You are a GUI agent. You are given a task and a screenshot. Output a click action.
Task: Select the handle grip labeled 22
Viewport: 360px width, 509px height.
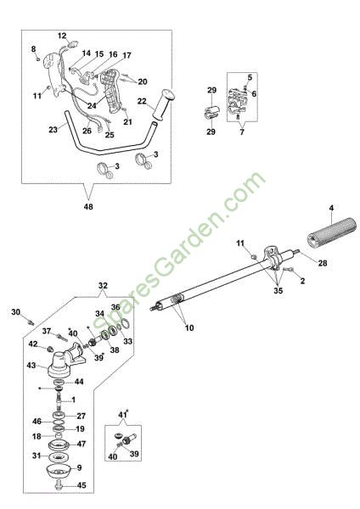[x=162, y=104]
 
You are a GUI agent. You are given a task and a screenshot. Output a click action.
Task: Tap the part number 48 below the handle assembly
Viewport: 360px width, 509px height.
[x=88, y=206]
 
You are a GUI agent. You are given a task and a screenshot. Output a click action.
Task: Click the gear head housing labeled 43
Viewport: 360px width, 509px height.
[x=65, y=361]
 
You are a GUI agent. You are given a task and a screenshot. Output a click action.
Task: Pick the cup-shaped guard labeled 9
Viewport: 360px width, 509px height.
[x=59, y=471]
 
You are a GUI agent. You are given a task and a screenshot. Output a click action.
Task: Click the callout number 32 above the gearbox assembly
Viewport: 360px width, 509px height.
[x=103, y=286]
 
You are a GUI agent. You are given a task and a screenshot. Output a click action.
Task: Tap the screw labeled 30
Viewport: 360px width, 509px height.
[x=31, y=322]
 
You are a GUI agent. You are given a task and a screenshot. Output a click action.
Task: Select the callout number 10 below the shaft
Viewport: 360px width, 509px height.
[x=189, y=327]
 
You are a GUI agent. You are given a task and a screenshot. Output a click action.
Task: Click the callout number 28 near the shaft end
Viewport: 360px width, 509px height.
[x=323, y=263]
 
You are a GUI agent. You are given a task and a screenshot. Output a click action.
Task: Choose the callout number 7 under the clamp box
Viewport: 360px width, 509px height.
[x=242, y=132]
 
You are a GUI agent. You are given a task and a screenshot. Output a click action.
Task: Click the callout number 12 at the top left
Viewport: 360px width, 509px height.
[x=62, y=36]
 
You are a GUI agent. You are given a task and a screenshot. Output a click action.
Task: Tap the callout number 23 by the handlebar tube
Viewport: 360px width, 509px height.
[x=53, y=130]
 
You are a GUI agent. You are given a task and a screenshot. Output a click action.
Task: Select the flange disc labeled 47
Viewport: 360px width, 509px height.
[x=59, y=445]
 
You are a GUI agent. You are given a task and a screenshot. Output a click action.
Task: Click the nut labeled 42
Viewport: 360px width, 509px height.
[x=50, y=350]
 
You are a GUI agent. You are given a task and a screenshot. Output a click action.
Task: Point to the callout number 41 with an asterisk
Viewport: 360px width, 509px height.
[x=122, y=415]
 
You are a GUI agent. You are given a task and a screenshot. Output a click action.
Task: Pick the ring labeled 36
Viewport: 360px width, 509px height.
[x=126, y=323]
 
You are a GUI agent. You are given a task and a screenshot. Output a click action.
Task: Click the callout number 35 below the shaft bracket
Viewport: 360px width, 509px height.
[x=278, y=290]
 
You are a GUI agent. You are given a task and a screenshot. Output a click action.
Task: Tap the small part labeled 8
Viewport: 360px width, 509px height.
[x=38, y=59]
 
